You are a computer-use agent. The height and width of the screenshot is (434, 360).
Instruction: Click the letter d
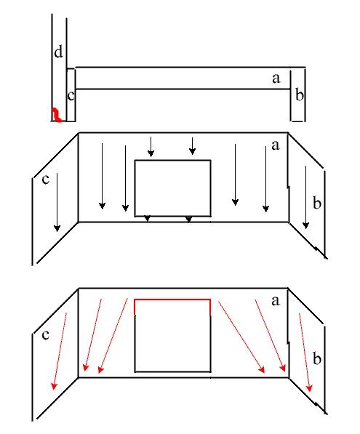pos(58,52)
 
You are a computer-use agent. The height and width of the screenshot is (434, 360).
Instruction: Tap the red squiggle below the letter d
pos(57,115)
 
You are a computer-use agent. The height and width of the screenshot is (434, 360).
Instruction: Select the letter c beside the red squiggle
pos(71,96)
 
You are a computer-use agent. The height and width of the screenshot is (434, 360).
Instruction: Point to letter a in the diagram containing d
pos(276,79)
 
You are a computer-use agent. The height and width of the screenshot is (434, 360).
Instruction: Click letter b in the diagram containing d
pos(300,95)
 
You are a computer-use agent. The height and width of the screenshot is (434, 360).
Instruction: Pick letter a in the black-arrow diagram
pos(275,145)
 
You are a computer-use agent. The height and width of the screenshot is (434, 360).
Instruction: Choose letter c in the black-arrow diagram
pos(45,180)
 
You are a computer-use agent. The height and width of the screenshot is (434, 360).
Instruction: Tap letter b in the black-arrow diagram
pos(317,202)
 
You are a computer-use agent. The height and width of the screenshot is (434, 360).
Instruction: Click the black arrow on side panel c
pos(57,202)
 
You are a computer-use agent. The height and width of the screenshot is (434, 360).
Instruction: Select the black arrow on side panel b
pos(305,197)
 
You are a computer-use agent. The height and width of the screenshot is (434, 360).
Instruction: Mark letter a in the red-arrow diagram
pos(275,301)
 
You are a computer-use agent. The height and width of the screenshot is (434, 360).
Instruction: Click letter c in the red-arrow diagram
pos(45,335)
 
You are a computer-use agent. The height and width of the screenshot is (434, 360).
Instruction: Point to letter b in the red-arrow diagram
pos(317,358)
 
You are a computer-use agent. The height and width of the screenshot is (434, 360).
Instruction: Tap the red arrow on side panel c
pos(60,351)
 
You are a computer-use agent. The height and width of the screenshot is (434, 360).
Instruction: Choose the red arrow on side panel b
pos(305,352)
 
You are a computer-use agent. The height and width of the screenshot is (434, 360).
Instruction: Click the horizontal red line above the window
pos(172,300)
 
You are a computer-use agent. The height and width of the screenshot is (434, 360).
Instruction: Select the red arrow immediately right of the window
pos(241,337)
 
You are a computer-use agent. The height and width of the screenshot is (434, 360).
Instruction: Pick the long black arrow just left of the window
pos(125,179)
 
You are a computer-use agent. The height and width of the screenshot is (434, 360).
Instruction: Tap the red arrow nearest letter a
pos(270,335)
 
